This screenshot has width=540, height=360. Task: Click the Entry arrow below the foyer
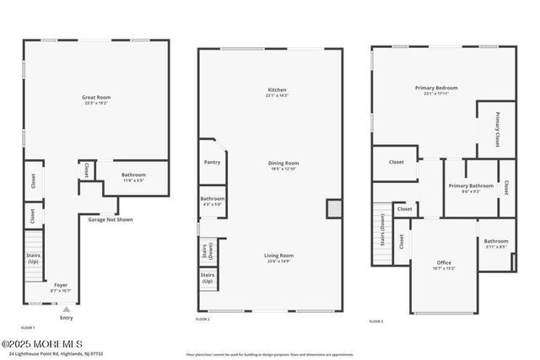pyautogui.click(x=66, y=309)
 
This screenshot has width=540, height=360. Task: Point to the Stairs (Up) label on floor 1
pyautogui.click(x=34, y=258)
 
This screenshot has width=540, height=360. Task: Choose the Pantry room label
pyautogui.click(x=212, y=162)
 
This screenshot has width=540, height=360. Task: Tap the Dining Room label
pyautogui.click(x=283, y=165)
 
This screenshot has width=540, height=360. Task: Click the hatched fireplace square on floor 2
pyautogui.click(x=334, y=208)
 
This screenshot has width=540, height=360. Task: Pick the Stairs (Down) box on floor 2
pyautogui.click(x=208, y=250)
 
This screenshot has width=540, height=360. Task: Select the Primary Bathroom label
pyautogui.click(x=471, y=188)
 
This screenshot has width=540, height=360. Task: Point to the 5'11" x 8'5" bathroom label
pyautogui.click(x=496, y=244)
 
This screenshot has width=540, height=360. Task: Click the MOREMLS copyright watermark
pyautogui.click(x=42, y=343)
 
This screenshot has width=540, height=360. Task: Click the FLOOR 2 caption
pyautogui.click(x=202, y=320)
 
